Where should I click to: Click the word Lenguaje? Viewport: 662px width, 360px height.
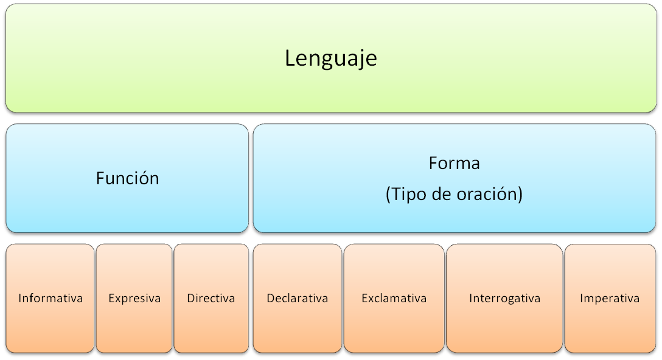(331, 58)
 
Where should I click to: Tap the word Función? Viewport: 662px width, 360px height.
(127, 178)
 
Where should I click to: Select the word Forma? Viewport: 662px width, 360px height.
(454, 164)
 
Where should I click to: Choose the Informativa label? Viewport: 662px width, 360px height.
(51, 299)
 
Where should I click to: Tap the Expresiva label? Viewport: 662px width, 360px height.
(134, 299)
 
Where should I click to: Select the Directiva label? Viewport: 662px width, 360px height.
(211, 299)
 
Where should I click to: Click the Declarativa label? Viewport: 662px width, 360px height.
(297, 299)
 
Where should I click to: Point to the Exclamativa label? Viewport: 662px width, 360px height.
(394, 299)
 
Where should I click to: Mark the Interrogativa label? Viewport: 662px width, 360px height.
(504, 299)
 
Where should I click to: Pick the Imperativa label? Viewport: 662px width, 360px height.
(609, 299)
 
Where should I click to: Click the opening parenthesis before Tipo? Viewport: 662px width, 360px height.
(388, 195)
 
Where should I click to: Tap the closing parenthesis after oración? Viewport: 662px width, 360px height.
(520, 195)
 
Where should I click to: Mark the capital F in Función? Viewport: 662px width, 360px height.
(100, 178)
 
